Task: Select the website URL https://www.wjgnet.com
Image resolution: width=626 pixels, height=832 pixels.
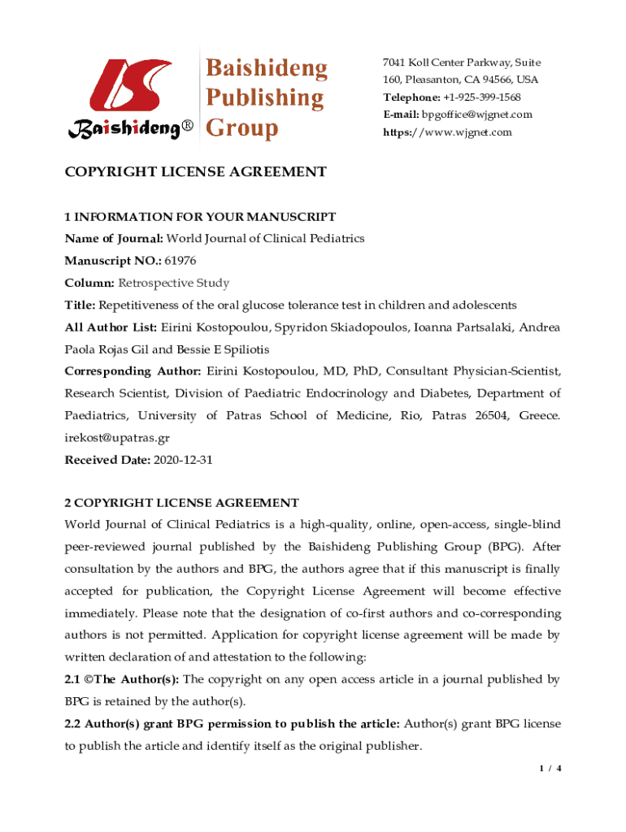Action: click(447, 132)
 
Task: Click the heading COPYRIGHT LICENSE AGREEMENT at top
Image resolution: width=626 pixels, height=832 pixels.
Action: click(195, 172)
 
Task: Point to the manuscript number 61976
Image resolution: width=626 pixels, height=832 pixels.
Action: click(180, 261)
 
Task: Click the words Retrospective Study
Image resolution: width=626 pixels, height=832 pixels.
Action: click(174, 284)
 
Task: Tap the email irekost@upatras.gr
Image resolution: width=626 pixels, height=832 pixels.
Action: click(117, 438)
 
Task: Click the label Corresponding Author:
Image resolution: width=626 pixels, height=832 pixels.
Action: click(133, 371)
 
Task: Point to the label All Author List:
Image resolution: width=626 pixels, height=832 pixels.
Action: click(111, 327)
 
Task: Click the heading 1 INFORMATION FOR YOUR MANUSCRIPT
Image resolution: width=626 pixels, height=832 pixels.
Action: click(200, 217)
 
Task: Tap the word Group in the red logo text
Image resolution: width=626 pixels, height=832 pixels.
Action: click(241, 128)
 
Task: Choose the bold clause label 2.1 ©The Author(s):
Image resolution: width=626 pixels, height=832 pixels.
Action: click(122, 678)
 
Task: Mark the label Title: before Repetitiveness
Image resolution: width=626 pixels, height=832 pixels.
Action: click(80, 305)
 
